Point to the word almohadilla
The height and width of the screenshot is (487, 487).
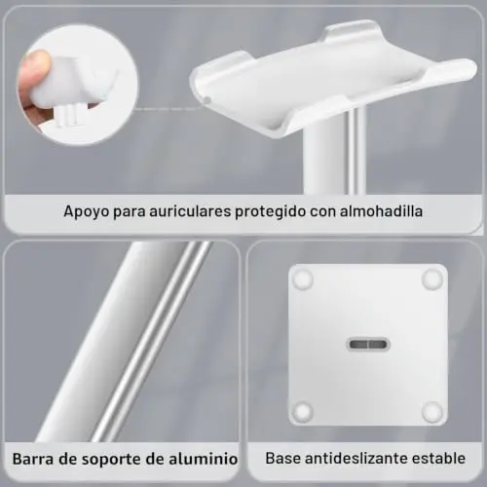point(381,211)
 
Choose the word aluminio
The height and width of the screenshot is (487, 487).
point(204,459)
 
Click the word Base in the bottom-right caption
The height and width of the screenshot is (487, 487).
point(282,458)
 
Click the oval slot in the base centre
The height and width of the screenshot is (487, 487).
point(368,344)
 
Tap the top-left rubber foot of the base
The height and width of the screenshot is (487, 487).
point(303,279)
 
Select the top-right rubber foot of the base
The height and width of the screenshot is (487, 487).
point(432,279)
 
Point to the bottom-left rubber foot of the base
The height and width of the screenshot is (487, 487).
point(303,410)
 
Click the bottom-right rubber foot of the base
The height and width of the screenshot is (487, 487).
point(432,410)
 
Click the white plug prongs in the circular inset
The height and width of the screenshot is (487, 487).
point(68,116)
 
